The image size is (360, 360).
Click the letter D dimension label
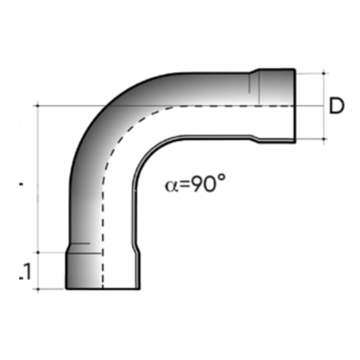point(335,106)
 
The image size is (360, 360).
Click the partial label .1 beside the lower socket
point(23,270)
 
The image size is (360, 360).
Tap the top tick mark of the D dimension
point(324,74)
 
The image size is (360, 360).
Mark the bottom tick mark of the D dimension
point(324,139)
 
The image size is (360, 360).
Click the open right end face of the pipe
point(294,106)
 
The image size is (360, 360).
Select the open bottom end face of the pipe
point(102,288)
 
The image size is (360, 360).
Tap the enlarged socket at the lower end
point(102,270)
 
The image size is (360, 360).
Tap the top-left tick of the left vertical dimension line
point(38,106)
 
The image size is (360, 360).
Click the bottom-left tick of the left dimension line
point(38,289)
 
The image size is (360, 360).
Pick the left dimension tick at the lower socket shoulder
point(38,252)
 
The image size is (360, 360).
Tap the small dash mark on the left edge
point(21,185)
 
